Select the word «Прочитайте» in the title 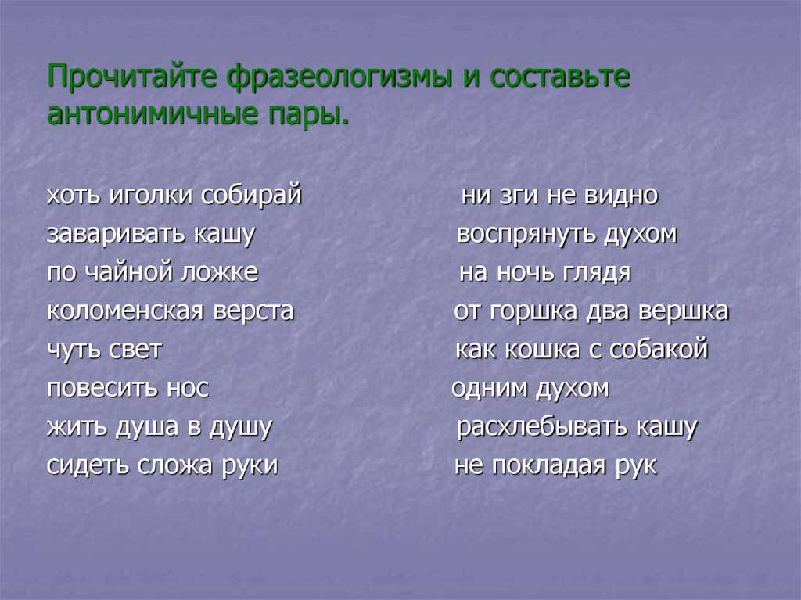(134, 77)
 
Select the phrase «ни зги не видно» (559, 196)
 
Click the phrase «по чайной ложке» (153, 273)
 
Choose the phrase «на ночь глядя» (544, 273)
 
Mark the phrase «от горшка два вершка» (591, 311)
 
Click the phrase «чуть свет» (104, 350)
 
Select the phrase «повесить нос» (128, 389)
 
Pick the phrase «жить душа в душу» (159, 428)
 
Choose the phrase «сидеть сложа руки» (163, 466)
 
